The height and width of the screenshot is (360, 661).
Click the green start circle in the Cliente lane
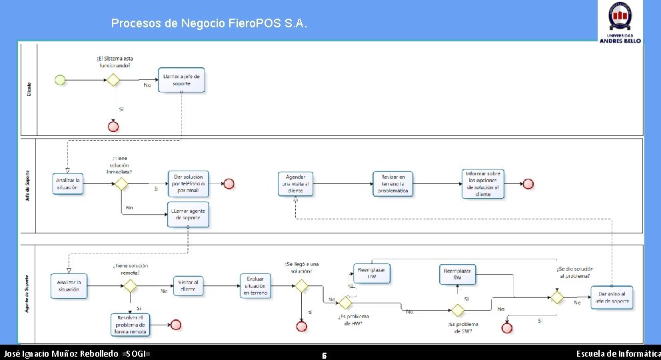click(x=60, y=80)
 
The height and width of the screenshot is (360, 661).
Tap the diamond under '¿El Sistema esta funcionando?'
click(x=113, y=80)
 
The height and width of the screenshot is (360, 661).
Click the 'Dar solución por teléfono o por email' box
click(x=188, y=183)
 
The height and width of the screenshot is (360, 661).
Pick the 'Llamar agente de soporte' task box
click(x=188, y=215)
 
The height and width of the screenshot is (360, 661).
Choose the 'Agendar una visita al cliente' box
click(x=295, y=183)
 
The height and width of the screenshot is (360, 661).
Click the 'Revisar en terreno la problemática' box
click(x=392, y=183)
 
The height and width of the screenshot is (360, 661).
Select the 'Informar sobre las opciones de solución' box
click(x=483, y=183)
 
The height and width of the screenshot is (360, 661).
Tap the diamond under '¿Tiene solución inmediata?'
click(x=121, y=183)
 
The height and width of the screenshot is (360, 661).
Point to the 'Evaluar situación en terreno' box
click(x=257, y=286)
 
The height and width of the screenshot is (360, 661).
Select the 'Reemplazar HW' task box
click(x=372, y=273)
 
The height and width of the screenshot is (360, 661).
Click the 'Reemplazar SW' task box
click(x=457, y=273)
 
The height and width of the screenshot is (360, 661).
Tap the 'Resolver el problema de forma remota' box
click(x=131, y=325)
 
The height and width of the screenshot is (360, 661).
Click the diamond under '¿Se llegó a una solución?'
click(x=301, y=286)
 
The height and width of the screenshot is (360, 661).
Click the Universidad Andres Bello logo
click(x=620, y=23)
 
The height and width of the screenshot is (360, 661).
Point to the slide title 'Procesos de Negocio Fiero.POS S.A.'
click(x=209, y=24)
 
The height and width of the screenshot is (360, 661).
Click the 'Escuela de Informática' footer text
click(x=618, y=353)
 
